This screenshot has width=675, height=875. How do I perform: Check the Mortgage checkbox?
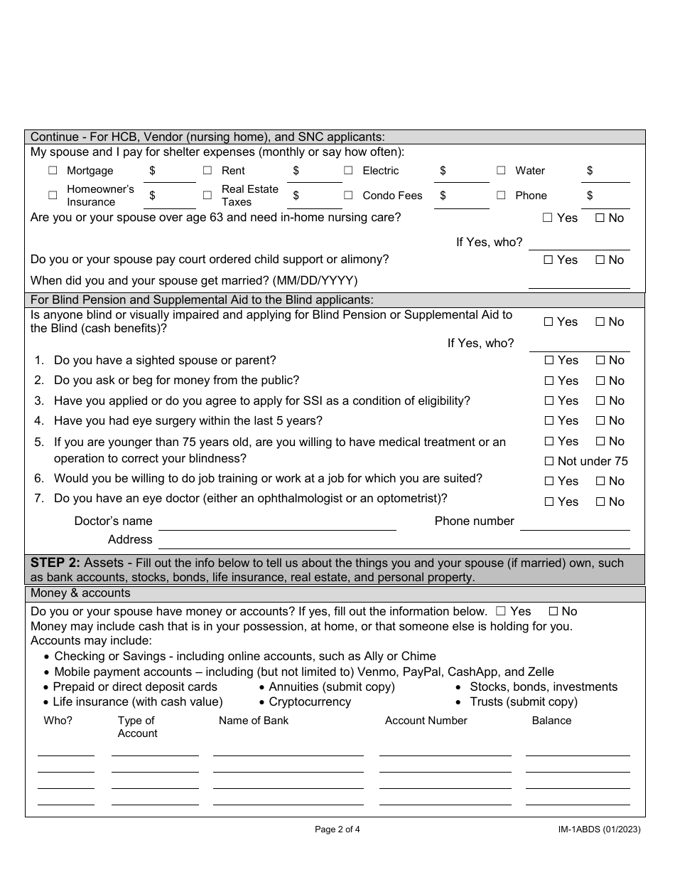click(53, 171)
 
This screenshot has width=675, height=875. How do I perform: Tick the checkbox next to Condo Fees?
click(348, 196)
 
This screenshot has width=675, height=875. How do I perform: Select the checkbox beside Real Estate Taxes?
click(207, 196)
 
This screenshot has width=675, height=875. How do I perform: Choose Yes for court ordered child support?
click(548, 260)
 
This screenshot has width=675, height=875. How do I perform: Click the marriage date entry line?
click(579, 282)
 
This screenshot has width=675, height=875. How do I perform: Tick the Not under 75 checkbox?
click(549, 462)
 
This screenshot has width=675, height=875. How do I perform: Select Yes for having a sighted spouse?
click(548, 361)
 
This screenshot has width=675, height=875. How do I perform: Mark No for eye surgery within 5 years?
click(600, 421)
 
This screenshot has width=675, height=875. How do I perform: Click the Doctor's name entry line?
click(277, 524)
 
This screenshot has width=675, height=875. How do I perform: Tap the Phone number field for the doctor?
click(575, 524)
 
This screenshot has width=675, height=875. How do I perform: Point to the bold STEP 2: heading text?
click(55, 563)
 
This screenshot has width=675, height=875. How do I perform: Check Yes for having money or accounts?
click(501, 612)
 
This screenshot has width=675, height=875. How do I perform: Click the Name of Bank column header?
click(254, 721)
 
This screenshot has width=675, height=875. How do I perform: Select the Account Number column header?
click(426, 721)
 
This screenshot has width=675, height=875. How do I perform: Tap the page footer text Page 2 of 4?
click(337, 829)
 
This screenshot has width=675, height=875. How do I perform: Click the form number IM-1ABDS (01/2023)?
click(600, 829)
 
